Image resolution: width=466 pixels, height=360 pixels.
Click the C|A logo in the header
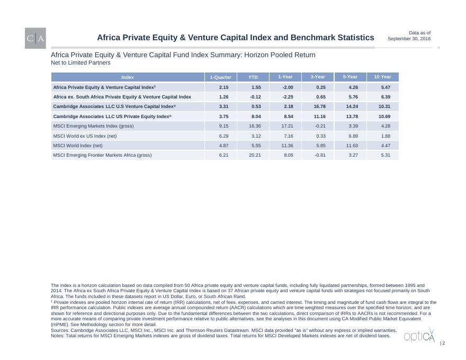[35, 38]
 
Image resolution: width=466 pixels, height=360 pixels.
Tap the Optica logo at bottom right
[419, 336]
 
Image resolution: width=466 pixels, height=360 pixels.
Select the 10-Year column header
[382, 77]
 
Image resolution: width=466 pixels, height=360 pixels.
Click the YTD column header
[253, 77]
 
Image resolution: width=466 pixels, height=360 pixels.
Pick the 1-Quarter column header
[220, 77]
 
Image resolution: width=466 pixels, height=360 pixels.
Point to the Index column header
[128, 77]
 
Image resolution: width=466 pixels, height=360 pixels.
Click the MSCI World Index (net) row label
[78, 145]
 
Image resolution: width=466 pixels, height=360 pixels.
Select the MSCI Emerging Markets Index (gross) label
[93, 126]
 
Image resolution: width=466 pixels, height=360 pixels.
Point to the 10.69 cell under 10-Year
[384, 116]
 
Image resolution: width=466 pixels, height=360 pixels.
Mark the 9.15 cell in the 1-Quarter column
[223, 126]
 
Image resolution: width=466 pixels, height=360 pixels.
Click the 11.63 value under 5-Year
[352, 145]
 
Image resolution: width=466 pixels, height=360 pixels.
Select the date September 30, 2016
[409, 39]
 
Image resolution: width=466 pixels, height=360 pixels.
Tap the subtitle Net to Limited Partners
[80, 62]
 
